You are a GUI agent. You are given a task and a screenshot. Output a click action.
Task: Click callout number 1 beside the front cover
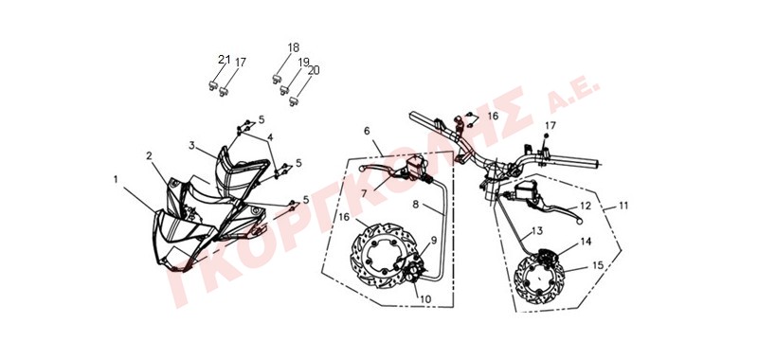(116, 180)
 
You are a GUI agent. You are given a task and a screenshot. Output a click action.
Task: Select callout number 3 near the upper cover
(192, 145)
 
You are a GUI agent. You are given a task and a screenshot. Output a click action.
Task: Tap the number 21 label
(224, 60)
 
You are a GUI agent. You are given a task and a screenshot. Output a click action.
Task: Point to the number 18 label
(294, 47)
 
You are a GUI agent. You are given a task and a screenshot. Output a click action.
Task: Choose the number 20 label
(314, 70)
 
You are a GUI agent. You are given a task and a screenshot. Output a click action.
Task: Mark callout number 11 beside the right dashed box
(623, 206)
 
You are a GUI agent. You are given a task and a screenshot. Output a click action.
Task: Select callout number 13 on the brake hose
(537, 231)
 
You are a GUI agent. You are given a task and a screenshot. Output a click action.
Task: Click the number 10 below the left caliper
(424, 299)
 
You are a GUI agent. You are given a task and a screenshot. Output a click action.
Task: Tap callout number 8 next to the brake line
(416, 205)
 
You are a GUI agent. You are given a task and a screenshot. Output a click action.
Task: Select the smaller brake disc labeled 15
(536, 280)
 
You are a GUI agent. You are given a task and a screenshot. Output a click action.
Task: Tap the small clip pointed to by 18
(278, 80)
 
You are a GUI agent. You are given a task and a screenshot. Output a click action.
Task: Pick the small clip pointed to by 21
(212, 85)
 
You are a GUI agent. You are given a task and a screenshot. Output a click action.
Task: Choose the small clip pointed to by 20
(293, 101)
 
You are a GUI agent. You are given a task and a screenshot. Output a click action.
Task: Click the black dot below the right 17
(547, 136)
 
